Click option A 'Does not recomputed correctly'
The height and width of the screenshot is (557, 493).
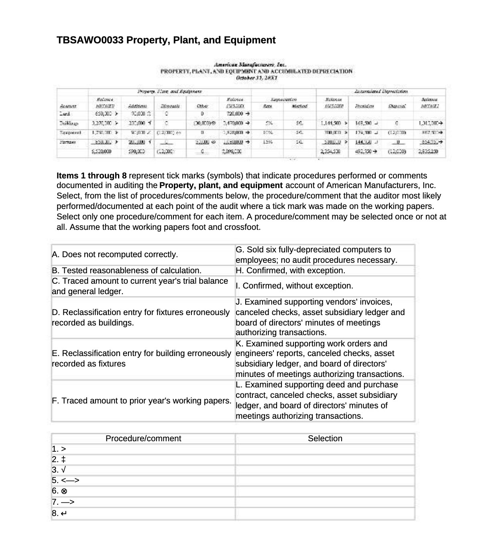tap(115, 255)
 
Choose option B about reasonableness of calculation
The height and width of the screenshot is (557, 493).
tap(127, 270)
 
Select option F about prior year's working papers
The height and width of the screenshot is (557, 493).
tap(142, 401)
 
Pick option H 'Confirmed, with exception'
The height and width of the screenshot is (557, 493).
tap(290, 270)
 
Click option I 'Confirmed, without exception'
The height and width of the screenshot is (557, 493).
tap(294, 286)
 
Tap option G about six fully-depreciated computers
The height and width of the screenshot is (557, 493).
tap(316, 255)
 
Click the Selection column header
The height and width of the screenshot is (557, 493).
tap(325, 438)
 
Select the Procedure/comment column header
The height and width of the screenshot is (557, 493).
tap(143, 438)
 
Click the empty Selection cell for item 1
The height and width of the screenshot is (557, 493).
tap(325, 449)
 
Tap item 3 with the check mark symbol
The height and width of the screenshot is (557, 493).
tap(59, 470)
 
